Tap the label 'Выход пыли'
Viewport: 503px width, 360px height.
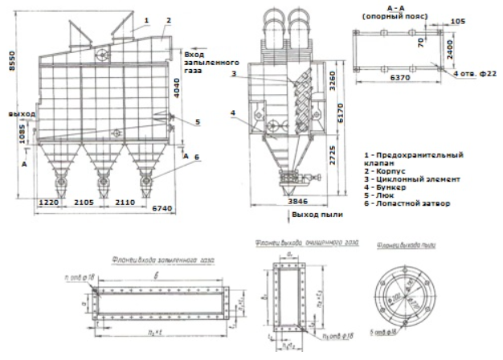pyautogui.click(x=317, y=216)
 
